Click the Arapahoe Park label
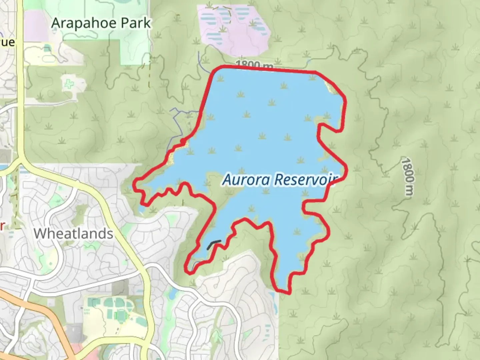(101, 23)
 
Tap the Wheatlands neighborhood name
(73, 233)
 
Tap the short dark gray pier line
(213, 244)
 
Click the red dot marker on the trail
(183, 142)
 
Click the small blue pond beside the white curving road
(173, 294)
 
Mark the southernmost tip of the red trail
(287, 293)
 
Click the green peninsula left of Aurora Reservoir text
(217, 187)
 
